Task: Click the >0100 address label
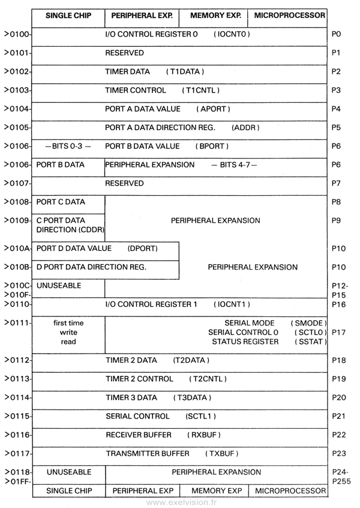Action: coord(17,34)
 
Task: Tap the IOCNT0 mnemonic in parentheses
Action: coord(231,34)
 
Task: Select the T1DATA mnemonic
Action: coord(185,71)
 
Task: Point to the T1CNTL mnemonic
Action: coord(202,90)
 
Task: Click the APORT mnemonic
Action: coord(213,109)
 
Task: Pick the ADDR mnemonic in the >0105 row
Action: coord(245,127)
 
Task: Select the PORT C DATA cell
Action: coord(61,202)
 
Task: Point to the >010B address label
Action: coord(17,267)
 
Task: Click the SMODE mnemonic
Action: coord(308,323)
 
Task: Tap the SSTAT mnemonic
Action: coord(310,342)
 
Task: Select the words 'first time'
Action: coord(68,323)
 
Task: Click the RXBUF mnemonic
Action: coord(205,435)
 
